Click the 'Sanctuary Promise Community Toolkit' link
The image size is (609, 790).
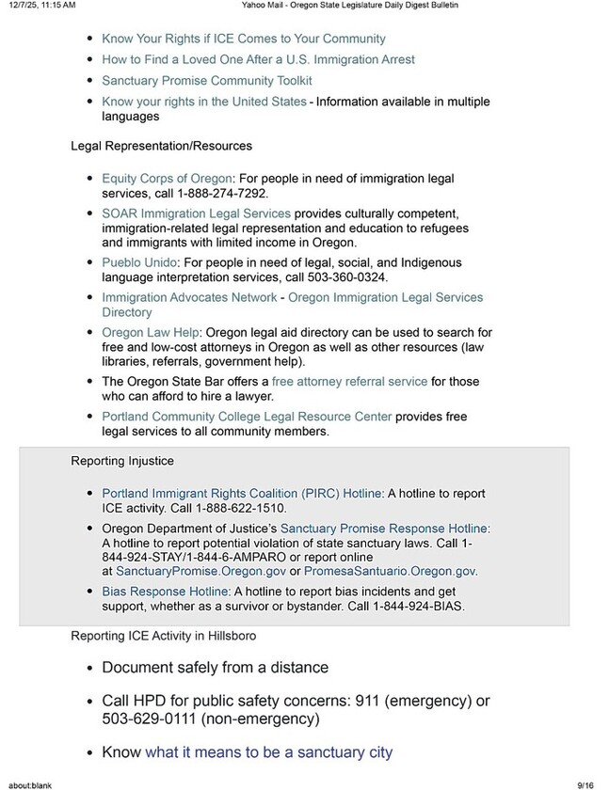point(206,80)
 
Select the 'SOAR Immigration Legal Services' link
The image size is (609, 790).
point(196,213)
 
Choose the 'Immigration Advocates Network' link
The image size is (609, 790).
point(188,297)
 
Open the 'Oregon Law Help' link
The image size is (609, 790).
point(151,332)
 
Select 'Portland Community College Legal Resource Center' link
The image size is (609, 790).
point(247,416)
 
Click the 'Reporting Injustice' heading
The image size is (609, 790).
point(122,461)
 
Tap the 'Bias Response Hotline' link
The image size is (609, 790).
point(165,591)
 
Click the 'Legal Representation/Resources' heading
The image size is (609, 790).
point(161,146)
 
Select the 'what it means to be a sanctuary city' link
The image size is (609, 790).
point(268,751)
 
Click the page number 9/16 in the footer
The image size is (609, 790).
point(585,782)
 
